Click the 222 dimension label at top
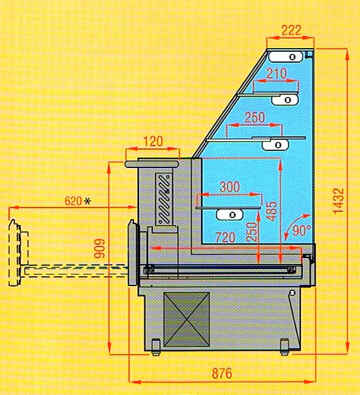tap(291, 30)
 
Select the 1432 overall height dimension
tap(339, 201)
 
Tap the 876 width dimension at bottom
tap(222, 373)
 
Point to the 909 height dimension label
tap(99, 248)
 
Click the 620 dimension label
tap(73, 201)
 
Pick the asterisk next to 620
tap(87, 201)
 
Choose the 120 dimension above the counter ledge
tap(153, 142)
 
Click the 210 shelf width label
tap(277, 73)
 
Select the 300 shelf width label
tap(230, 187)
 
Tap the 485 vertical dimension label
tap(272, 211)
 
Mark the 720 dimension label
tap(225, 237)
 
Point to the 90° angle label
tap(302, 230)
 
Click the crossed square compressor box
tap(186, 319)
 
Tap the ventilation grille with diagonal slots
tap(164, 199)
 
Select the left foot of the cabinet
tap(156, 347)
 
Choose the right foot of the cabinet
tap(284, 347)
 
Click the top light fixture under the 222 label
tap(285, 57)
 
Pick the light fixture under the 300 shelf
tap(230, 215)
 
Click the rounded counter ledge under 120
tap(152, 164)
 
